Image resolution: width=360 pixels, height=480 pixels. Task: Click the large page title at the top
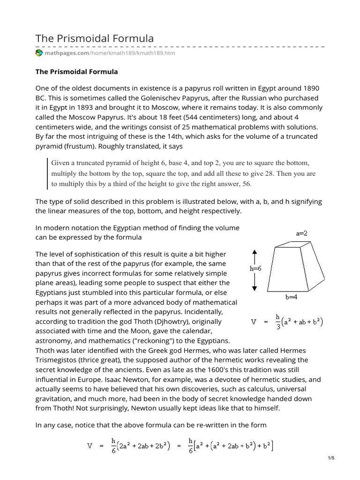pyautogui.click(x=95, y=38)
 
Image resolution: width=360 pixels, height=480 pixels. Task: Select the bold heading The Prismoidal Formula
pyautogui.click(x=77, y=72)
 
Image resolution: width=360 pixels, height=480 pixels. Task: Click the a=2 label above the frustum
pyautogui.click(x=302, y=233)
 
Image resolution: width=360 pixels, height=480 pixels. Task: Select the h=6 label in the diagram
pyautogui.click(x=255, y=269)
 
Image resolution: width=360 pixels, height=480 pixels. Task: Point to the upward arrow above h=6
pyautogui.click(x=255, y=257)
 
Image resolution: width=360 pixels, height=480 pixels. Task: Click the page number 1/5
pyautogui.click(x=331, y=458)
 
